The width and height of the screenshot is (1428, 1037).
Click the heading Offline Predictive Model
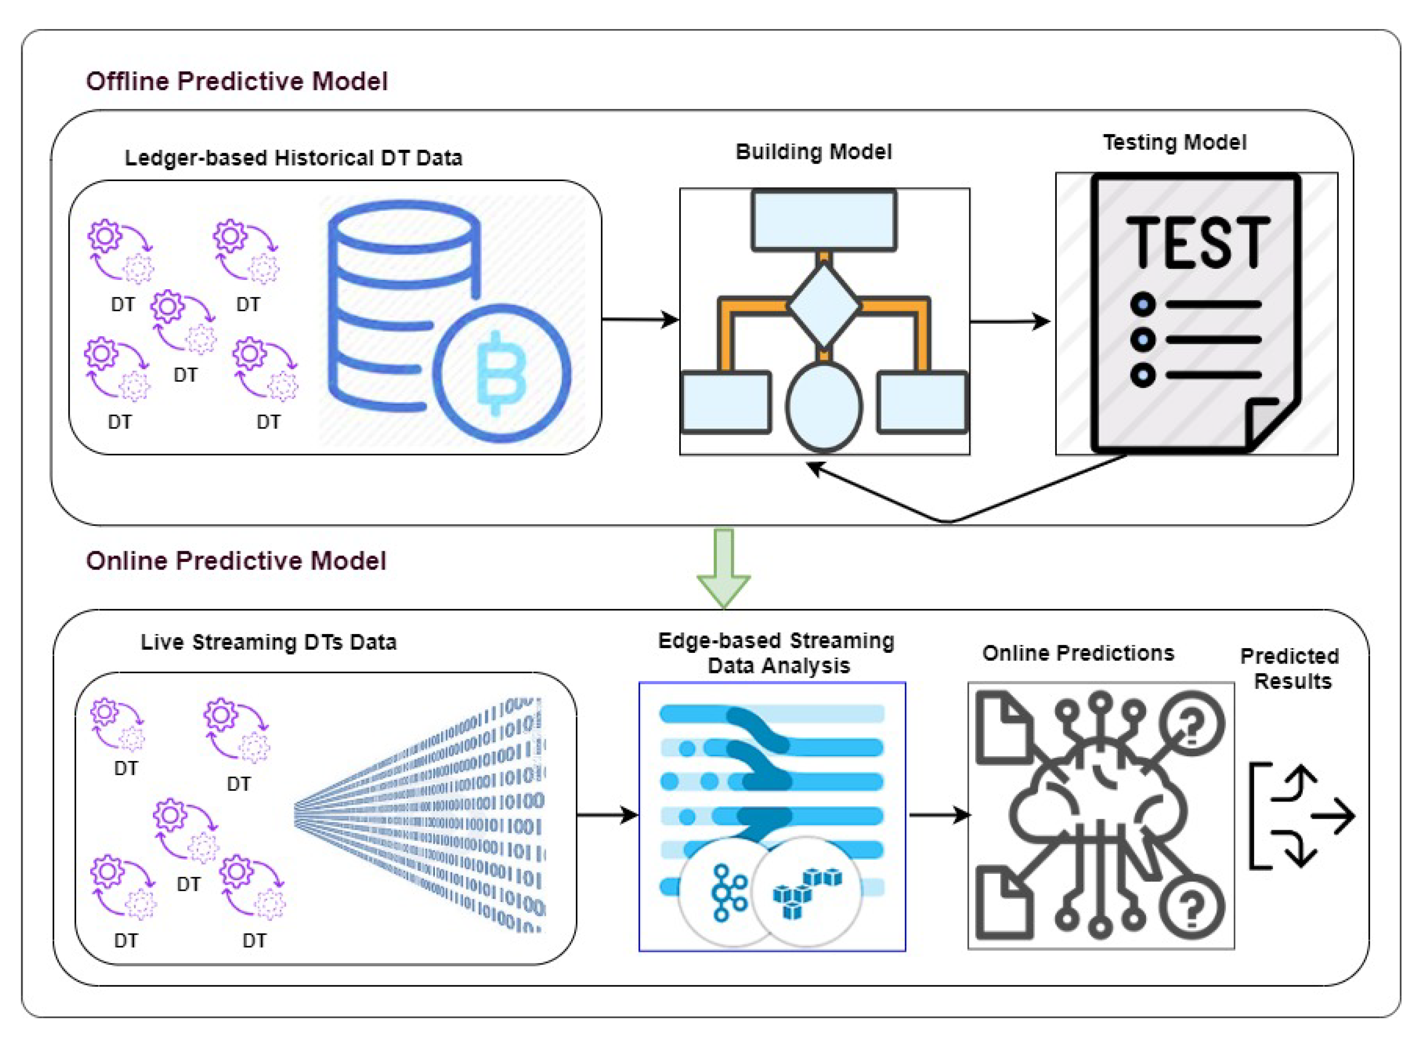pyautogui.click(x=237, y=81)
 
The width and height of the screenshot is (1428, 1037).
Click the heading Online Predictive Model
pyautogui.click(x=236, y=560)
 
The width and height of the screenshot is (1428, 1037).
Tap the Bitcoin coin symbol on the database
pyautogui.click(x=501, y=373)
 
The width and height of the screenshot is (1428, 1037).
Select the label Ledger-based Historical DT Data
pyautogui.click(x=293, y=157)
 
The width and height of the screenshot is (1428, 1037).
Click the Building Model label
pyautogui.click(x=813, y=152)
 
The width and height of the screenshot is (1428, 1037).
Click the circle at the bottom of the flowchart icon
pyautogui.click(x=824, y=406)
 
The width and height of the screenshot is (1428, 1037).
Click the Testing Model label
pyautogui.click(x=1174, y=142)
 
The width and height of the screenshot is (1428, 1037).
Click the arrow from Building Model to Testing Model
pyautogui.click(x=1010, y=322)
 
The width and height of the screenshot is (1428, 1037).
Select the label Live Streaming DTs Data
pyautogui.click(x=269, y=642)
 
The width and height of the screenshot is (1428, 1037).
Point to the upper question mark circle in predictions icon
pyautogui.click(x=1191, y=723)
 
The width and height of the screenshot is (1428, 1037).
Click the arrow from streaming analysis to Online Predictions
pyautogui.click(x=938, y=815)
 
